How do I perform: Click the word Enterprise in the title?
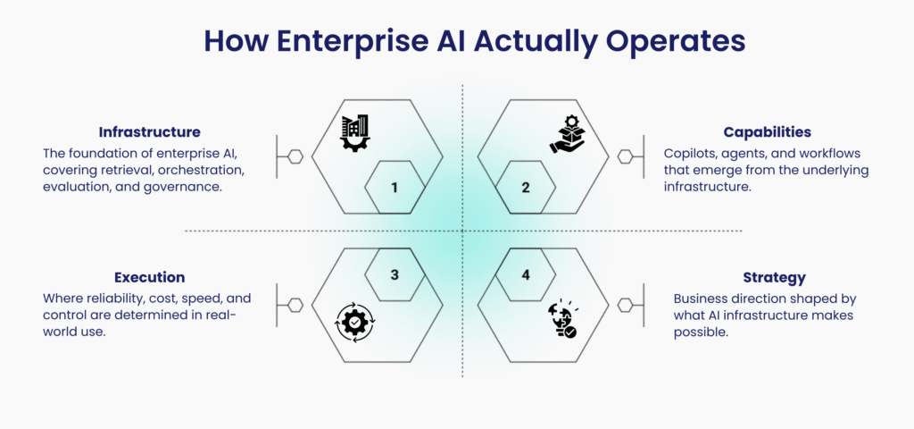tap(348, 42)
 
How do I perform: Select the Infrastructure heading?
tap(149, 132)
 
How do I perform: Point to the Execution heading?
tap(149, 277)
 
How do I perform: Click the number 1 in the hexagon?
tap(394, 188)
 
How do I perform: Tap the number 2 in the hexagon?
tap(526, 188)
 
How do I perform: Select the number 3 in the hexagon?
tap(394, 274)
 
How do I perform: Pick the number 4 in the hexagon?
tap(526, 274)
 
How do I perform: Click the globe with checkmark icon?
tap(562, 320)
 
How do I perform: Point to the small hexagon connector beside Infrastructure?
tap(293, 156)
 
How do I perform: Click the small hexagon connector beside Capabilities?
tap(626, 156)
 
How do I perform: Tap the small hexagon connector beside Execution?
tap(293, 305)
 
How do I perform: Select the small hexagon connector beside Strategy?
tap(626, 305)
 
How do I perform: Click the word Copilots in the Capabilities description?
tap(689, 154)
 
